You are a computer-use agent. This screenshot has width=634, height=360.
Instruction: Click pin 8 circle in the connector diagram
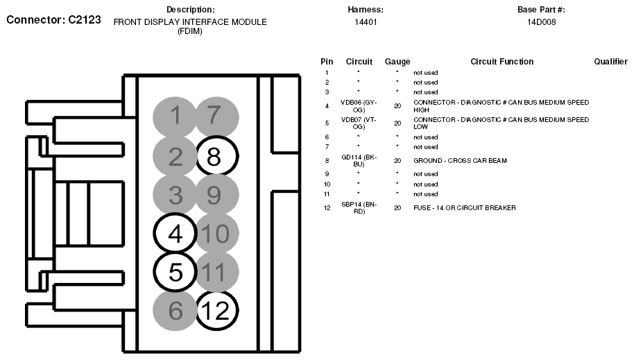(x=216, y=157)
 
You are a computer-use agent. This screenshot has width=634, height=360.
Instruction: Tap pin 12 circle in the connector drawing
(x=216, y=310)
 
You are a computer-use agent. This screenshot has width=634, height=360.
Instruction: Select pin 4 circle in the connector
(x=175, y=234)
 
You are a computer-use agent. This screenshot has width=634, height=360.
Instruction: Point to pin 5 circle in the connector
(x=175, y=272)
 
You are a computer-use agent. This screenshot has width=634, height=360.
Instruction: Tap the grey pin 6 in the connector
(x=175, y=310)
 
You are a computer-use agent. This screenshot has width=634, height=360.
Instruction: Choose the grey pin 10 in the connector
(x=215, y=234)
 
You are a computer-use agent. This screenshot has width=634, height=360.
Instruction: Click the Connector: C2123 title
(x=54, y=20)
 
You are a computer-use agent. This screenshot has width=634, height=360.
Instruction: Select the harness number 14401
(x=366, y=22)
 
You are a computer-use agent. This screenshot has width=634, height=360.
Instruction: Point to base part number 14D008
(x=541, y=22)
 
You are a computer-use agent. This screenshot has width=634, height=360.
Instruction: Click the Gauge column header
(x=397, y=62)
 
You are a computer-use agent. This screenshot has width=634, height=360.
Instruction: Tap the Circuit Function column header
(x=502, y=62)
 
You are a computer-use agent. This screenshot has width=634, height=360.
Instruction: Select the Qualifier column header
(x=610, y=62)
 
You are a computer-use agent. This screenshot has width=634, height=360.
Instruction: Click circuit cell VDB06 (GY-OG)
(x=359, y=105)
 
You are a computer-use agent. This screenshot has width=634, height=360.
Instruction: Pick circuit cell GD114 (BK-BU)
(x=359, y=161)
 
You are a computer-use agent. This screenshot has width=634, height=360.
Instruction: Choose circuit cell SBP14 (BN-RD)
(x=359, y=207)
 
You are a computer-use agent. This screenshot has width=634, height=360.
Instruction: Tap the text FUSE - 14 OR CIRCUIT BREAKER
(x=464, y=207)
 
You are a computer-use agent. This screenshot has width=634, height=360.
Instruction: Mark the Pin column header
(x=327, y=62)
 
